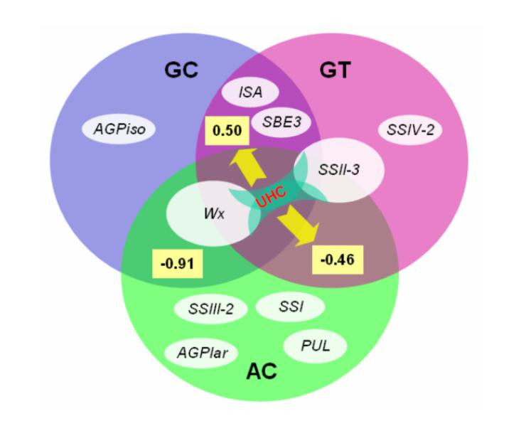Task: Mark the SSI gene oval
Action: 289,306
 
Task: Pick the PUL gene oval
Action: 316,347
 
